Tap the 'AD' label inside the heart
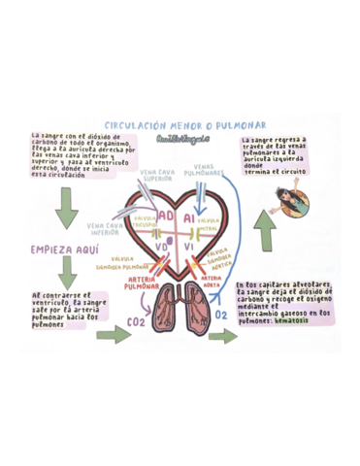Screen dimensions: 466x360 [165, 216]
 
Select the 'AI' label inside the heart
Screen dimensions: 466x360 [190, 218]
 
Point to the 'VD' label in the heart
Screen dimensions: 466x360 [163, 249]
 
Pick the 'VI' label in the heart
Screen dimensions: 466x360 [190, 250]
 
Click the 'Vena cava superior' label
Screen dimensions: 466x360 [157, 175]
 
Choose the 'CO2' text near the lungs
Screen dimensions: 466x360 [138, 320]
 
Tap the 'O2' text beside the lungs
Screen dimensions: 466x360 [220, 316]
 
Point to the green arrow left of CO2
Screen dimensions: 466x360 [113, 335]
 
